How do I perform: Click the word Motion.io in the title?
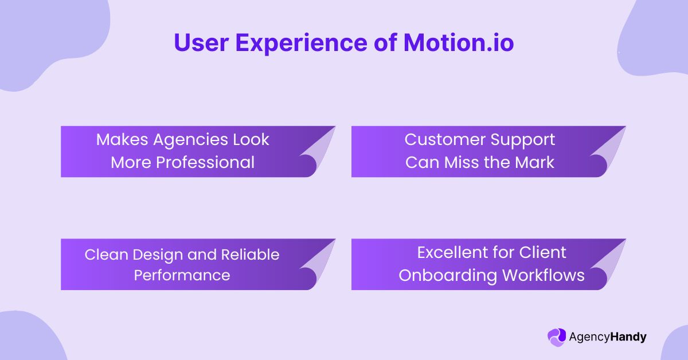coord(459,43)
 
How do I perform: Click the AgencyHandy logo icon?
coord(556,336)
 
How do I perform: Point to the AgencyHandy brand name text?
coord(607,336)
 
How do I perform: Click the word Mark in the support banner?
coord(535,162)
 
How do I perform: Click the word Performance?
coord(182,275)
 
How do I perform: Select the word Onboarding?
coord(448,275)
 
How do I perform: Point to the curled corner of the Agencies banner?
coord(318,152)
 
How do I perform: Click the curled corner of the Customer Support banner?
coord(609,152)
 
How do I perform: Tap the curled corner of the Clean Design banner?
coord(318,265)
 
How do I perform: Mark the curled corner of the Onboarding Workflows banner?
coord(609,265)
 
